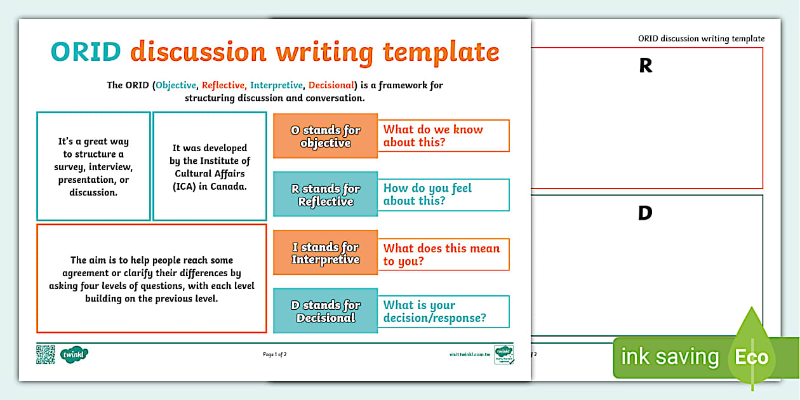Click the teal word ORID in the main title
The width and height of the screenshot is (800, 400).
86,52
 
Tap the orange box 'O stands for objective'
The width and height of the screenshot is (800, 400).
325,136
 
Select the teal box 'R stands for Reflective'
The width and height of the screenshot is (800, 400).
325,194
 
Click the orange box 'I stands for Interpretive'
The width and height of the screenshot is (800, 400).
325,253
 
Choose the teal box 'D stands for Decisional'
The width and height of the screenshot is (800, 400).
325,311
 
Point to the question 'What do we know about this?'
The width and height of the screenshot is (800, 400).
444,136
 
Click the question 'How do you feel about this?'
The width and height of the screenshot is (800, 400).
444,194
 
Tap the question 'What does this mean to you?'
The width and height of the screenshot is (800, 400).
444,254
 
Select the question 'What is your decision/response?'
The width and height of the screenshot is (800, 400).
444,311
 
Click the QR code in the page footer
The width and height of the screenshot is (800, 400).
46,354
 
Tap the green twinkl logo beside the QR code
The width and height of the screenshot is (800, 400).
74,354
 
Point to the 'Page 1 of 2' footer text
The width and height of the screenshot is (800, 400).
275,354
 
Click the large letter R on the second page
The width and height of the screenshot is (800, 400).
646,66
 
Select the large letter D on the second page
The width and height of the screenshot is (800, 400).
645,214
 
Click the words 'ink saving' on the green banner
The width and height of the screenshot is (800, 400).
669,357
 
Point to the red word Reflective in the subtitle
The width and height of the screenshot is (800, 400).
223,85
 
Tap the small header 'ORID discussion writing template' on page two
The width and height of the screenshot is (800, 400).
701,39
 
